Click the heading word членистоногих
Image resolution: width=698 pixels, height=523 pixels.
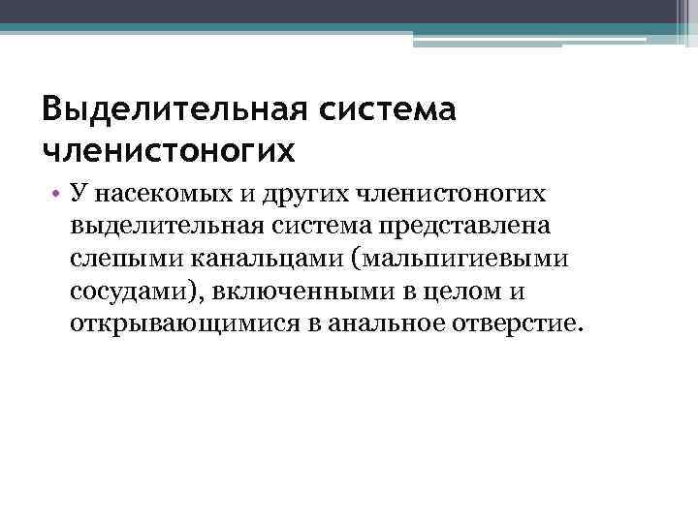[167, 151]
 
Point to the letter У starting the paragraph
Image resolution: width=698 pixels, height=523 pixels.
[79, 194]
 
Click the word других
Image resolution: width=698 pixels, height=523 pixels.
[297, 194]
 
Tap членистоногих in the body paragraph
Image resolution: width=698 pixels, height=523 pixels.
[452, 194]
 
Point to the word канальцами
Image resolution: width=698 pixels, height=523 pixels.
[248, 259]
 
